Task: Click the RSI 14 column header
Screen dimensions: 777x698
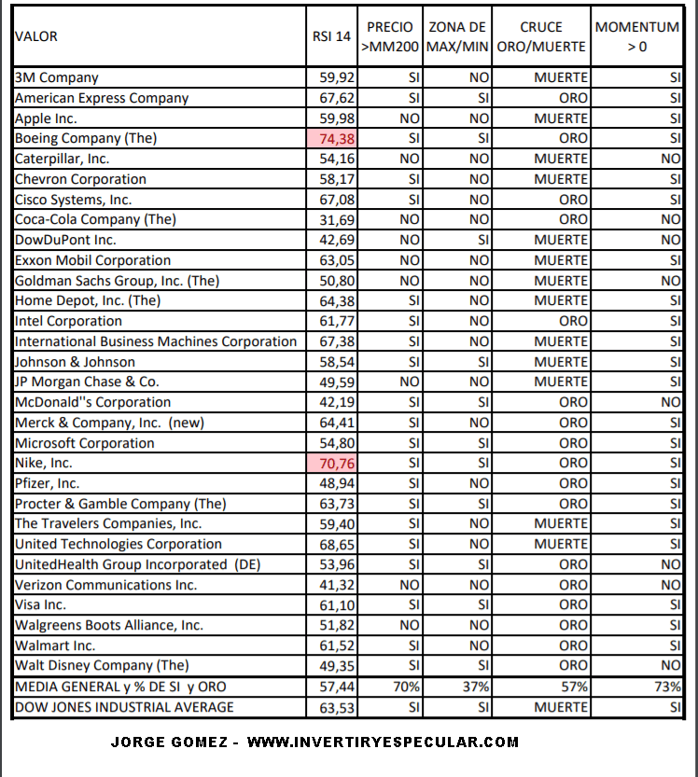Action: pyautogui.click(x=331, y=36)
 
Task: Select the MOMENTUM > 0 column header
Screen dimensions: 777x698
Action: pyautogui.click(x=637, y=36)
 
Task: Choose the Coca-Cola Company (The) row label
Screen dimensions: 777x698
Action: pyautogui.click(x=95, y=219)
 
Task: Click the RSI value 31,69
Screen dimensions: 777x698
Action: pyautogui.click(x=336, y=219)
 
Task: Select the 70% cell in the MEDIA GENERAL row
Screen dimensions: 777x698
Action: pyautogui.click(x=406, y=687)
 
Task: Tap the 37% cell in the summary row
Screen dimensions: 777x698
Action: pyautogui.click(x=476, y=687)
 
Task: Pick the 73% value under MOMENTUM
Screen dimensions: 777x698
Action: pyautogui.click(x=667, y=687)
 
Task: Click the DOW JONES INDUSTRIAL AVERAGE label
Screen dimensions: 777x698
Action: pyautogui.click(x=124, y=707)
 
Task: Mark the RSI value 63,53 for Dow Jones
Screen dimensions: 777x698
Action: pyautogui.click(x=336, y=707)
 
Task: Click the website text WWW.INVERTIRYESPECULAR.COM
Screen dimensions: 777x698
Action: pyautogui.click(x=383, y=742)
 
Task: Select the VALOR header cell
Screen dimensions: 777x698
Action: pyautogui.click(x=36, y=36)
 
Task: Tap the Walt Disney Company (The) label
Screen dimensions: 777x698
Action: pyautogui.click(x=102, y=665)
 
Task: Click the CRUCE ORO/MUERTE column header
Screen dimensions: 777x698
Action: pyautogui.click(x=541, y=36)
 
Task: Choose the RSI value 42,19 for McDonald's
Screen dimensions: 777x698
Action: pyautogui.click(x=336, y=402)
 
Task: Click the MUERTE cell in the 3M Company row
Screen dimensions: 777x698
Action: pyautogui.click(x=561, y=77)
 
